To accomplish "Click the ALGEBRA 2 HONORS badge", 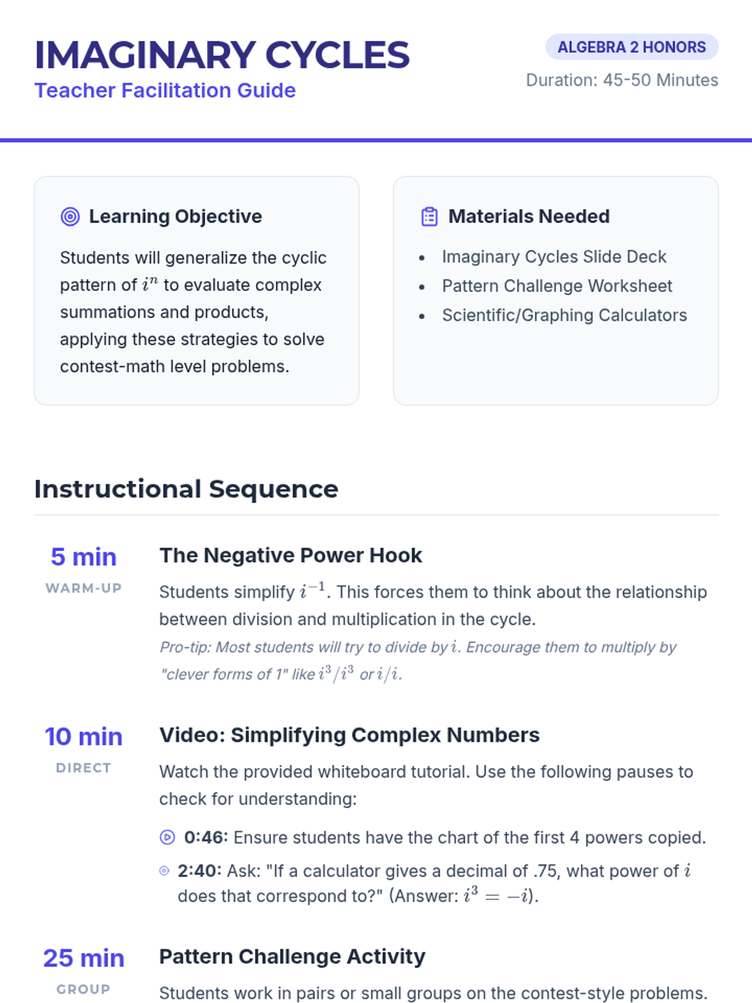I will click(x=632, y=47).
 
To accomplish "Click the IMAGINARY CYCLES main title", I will click(x=222, y=55).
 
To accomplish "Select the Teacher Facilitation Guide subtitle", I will click(x=165, y=90).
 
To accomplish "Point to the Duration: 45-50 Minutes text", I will click(x=622, y=80).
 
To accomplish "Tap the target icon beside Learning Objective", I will click(x=70, y=217).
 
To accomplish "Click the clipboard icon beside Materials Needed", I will click(x=429, y=217).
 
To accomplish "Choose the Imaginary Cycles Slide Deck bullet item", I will click(x=554, y=257).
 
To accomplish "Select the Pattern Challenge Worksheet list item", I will click(x=556, y=286).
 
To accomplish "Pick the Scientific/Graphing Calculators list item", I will click(x=564, y=315).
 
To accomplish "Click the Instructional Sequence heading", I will click(x=186, y=489).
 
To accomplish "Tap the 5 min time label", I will click(x=83, y=557).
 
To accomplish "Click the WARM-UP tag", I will click(x=83, y=588).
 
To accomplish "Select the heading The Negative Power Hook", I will click(x=291, y=555).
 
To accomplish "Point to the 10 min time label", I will click(x=83, y=737).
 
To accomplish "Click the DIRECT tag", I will click(x=83, y=768).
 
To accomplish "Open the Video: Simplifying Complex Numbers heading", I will click(x=349, y=735).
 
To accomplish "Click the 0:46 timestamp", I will click(x=206, y=838).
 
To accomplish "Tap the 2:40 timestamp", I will click(x=199, y=871).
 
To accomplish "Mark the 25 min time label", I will click(x=83, y=958).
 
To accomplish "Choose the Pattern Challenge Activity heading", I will click(x=292, y=957).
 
